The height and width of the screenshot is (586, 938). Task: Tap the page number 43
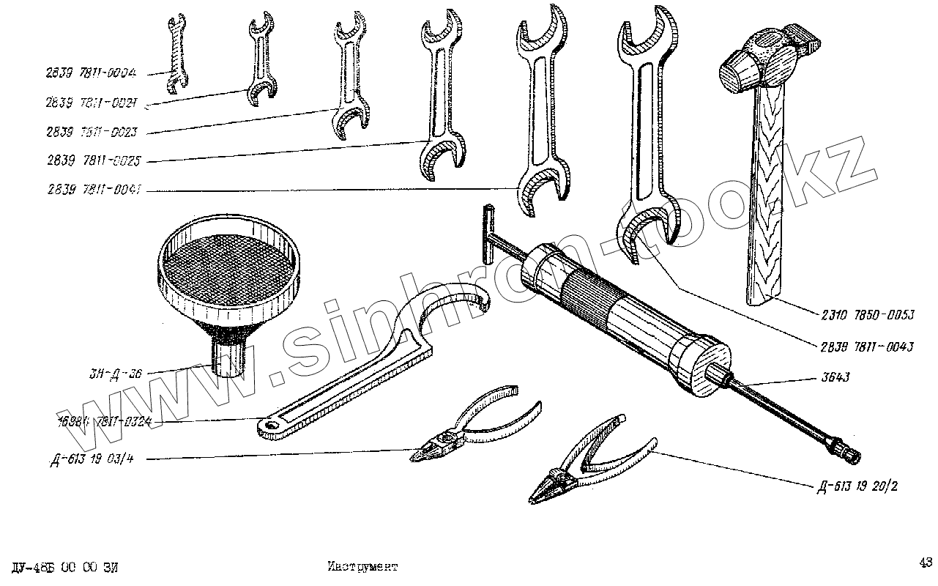925,563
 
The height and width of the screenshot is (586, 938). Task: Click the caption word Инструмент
362,566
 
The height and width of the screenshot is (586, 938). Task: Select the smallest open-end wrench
174,55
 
